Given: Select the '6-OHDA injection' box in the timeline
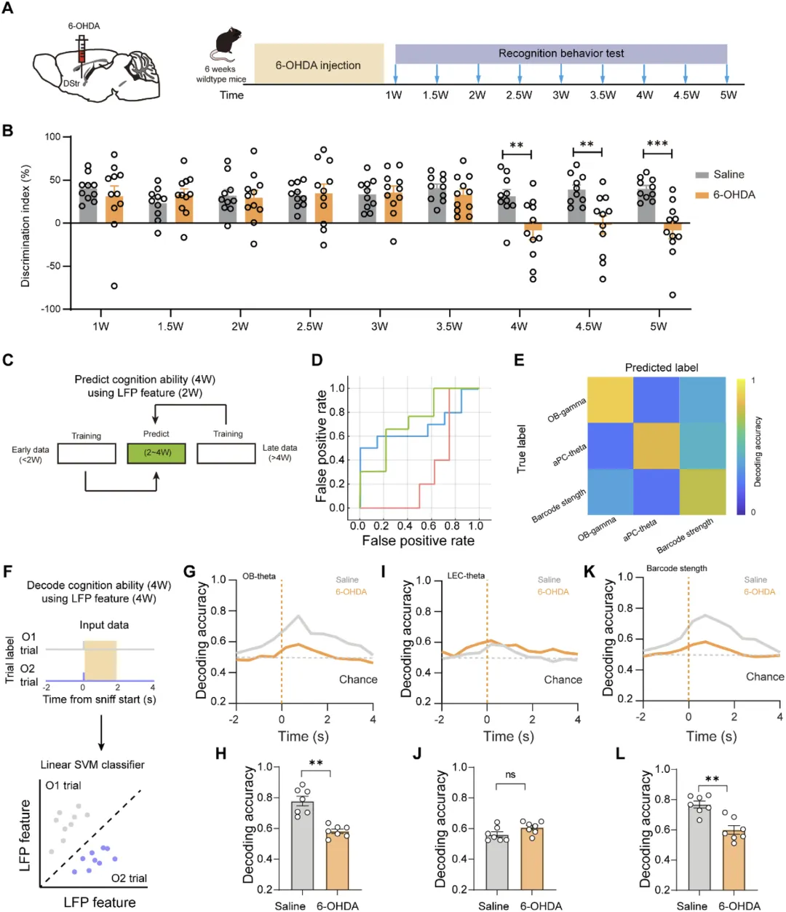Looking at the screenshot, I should coord(318,65).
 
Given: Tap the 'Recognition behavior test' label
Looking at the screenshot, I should coord(560,53).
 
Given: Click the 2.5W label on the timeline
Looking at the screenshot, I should coord(519,95).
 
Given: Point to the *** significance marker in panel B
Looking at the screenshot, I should coord(657,144).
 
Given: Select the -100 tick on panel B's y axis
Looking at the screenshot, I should coord(51,309).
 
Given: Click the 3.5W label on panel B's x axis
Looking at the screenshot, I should coord(449,326).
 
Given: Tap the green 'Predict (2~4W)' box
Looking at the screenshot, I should coord(156,453).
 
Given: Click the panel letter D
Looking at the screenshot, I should coord(317,361).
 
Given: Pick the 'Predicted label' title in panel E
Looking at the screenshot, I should coord(661,368).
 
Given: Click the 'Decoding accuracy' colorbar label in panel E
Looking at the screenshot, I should coord(758,452).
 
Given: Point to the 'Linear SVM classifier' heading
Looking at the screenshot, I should coord(92,765).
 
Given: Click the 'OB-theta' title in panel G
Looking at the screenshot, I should coord(259,576).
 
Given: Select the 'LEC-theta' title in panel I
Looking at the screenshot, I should coord(466,575).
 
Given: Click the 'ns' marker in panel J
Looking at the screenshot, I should coord(510,774).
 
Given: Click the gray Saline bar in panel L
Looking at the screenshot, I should coord(699,846).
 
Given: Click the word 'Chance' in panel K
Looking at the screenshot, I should coord(765,677).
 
